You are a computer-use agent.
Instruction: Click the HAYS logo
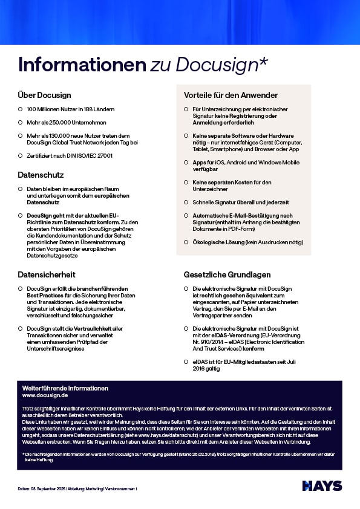pyautogui.click(x=322, y=486)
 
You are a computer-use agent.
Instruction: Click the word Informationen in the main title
pyautogui.click(x=82, y=64)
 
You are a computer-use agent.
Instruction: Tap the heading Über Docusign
pyautogui.click(x=45, y=95)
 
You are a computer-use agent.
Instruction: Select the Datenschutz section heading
pyautogui.click(x=41, y=175)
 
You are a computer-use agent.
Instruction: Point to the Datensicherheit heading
pyautogui.click(x=46, y=274)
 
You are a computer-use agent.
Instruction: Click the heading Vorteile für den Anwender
pyautogui.click(x=231, y=95)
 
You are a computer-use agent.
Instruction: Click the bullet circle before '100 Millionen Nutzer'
pyautogui.click(x=21, y=109)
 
